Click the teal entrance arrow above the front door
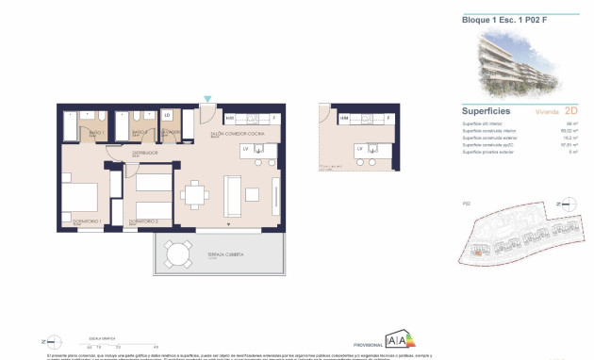pos(208,98)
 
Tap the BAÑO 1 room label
pos(95,133)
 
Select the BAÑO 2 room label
pos(139,133)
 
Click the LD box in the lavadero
pos(168,116)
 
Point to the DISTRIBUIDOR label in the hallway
pos(144,152)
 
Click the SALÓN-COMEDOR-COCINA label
pos(229,133)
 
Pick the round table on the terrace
pos(176,253)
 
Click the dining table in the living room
pos(196,195)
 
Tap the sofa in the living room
pos(232,195)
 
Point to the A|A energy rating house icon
pos(398,340)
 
